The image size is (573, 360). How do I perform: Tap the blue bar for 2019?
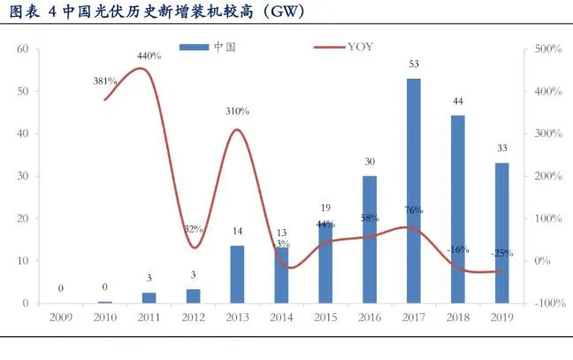[501, 233]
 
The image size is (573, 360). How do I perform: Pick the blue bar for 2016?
[370, 239]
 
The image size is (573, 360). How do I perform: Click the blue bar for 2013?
[238, 273]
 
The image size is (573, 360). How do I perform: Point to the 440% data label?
[149, 56]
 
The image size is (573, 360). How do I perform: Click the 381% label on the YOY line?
[105, 80]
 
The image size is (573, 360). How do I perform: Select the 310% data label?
[237, 111]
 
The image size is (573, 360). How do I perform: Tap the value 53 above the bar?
[414, 64]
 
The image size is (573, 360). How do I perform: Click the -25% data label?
[502, 253]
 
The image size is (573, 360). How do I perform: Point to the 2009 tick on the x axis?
[61, 316]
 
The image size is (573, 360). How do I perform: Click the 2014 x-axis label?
[281, 316]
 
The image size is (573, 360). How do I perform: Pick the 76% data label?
[414, 211]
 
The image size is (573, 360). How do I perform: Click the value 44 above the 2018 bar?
[458, 101]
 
